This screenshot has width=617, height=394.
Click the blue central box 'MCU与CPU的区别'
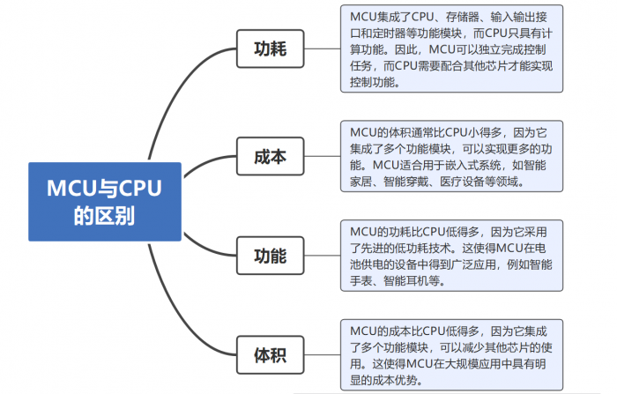click(104, 202)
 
